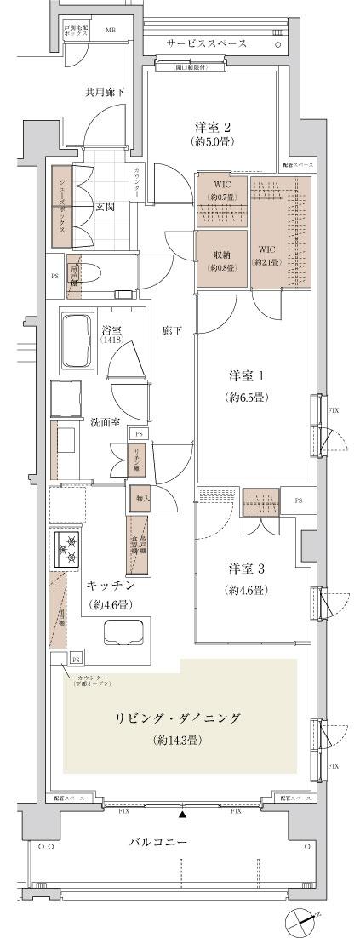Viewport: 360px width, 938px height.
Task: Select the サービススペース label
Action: [x=206, y=42]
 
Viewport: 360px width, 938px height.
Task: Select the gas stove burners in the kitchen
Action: [x=68, y=549]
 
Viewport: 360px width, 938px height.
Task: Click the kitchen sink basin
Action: [x=124, y=633]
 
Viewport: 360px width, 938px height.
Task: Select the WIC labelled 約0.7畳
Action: [x=221, y=192]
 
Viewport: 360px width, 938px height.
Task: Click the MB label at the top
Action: [x=110, y=31]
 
